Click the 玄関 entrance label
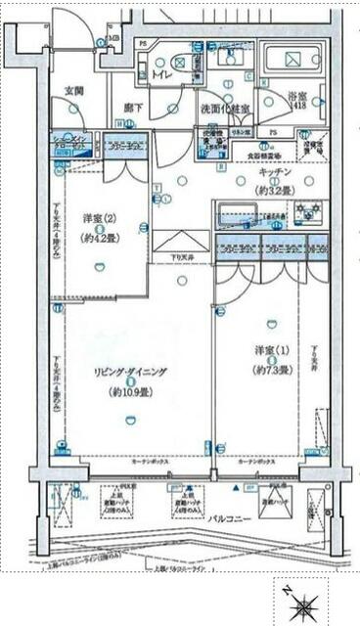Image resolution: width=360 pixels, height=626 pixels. (74, 90)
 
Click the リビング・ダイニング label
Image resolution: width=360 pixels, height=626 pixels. (130, 372)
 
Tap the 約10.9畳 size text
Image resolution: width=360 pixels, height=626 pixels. (131, 393)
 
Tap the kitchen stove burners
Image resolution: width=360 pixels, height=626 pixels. (307, 209)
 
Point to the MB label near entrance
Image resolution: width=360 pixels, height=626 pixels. (114, 40)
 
